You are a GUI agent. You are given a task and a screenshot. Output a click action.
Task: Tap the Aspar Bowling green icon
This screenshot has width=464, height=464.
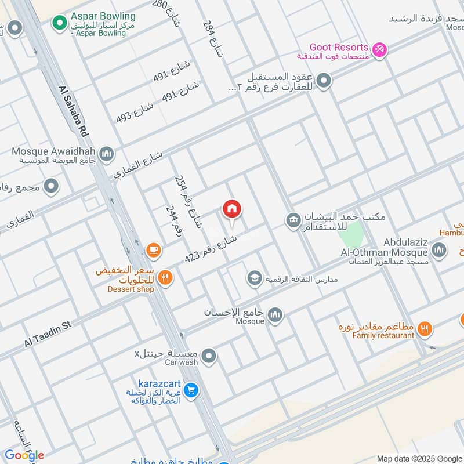tap(58, 23)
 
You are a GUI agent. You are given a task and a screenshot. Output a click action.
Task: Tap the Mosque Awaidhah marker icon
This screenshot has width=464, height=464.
tap(106, 154)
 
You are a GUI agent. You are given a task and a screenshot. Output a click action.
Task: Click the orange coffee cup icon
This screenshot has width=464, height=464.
tap(153, 250)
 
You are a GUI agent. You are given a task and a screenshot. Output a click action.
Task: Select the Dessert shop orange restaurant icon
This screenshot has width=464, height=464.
tap(165, 278)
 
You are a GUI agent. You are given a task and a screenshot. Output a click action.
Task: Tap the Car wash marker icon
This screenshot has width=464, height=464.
tap(209, 356)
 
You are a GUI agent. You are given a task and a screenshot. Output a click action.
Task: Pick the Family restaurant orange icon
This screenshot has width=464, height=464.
tap(425, 329)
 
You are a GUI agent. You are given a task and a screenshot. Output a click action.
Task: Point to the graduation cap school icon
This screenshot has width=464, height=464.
tap(253, 279)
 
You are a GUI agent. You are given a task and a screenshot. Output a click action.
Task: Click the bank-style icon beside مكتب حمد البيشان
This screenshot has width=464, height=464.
tap(292, 220)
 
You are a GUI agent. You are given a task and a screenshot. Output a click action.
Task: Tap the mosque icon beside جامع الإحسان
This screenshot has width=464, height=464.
tap(275, 314)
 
